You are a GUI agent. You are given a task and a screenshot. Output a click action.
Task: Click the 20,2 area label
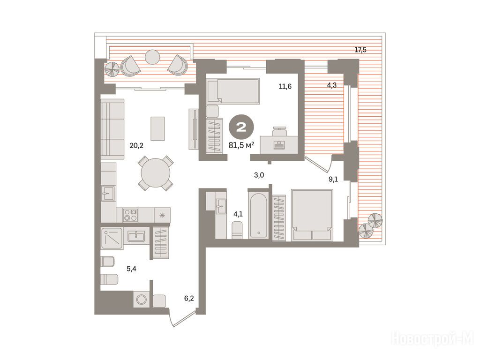pyautogui.click(x=136, y=146)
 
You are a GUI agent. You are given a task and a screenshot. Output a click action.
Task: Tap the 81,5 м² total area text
pyautogui.click(x=241, y=145)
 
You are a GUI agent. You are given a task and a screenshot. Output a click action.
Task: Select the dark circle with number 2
pyautogui.click(x=241, y=127)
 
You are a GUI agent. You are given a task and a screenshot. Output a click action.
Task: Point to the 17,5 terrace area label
pyautogui.click(x=360, y=50)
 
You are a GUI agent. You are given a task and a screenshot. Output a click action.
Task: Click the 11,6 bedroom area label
pyautogui.click(x=285, y=86)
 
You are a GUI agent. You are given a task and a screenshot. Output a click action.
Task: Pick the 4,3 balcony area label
pyautogui.click(x=331, y=85)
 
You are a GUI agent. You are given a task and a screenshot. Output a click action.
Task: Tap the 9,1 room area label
pyautogui.click(x=333, y=179)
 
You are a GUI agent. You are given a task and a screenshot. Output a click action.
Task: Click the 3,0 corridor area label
pyautogui.click(x=259, y=175)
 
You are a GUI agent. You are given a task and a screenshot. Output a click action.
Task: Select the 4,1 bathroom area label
pyautogui.click(x=238, y=214)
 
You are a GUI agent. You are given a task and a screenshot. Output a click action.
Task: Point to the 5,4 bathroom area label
pyautogui.click(x=131, y=269)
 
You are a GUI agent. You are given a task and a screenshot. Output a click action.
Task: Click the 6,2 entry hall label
pyautogui.click(x=189, y=298)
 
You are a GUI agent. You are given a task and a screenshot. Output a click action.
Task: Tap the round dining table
pyautogui.click(x=156, y=173)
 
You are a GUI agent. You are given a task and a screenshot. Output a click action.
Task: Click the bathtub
pyautogui.click(x=259, y=215)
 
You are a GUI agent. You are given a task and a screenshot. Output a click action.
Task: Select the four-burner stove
pyautogui.click(x=130, y=215)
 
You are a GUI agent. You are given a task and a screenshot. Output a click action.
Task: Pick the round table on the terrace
pyautogui.click(x=152, y=57)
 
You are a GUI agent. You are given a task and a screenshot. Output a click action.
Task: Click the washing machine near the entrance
pyautogui.click(x=142, y=299)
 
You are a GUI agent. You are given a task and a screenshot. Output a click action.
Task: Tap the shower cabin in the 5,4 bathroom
pyautogui.click(x=112, y=238)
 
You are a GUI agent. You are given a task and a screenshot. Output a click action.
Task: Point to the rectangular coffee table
pyautogui.click(x=157, y=128)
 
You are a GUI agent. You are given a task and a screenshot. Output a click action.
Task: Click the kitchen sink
pyautogui.click(x=108, y=193)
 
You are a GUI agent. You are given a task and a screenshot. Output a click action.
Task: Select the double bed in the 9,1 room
pyautogui.click(x=312, y=215)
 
